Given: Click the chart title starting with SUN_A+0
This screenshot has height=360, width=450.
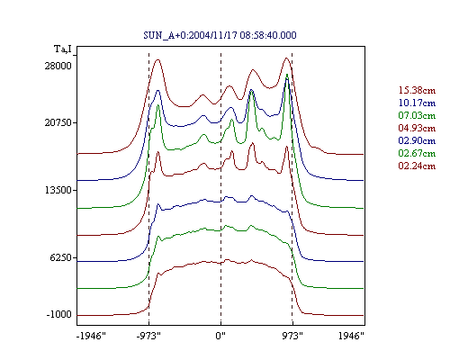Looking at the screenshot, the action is point(220,35).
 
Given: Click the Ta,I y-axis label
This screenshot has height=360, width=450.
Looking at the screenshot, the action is point(63,49).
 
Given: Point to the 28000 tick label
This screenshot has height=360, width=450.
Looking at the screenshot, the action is point(58,66).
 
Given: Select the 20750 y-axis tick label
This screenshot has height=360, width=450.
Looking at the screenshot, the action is point(58,122).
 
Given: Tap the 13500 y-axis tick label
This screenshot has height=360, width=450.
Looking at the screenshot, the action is point(58,190).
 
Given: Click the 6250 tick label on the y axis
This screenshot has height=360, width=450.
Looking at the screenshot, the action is point(61,257).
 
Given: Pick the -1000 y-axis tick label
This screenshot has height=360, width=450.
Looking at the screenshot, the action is point(59,315).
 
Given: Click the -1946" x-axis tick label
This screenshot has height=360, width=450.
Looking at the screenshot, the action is point(92,336).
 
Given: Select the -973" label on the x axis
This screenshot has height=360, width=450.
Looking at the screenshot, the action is point(148,336).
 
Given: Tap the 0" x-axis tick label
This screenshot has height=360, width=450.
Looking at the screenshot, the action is point(220,336).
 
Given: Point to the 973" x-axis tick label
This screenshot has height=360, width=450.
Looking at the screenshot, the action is point(292,336).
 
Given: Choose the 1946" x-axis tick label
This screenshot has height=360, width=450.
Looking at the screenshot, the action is point(351,336).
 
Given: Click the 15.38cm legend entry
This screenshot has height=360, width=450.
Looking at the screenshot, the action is point(417,90).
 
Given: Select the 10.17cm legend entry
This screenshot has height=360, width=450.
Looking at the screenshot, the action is point(417,103).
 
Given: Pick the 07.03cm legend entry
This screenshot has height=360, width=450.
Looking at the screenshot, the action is point(417,115).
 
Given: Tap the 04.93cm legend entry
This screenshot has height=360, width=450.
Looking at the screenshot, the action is point(417,128).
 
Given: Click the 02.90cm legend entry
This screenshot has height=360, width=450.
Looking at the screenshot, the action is point(417,140).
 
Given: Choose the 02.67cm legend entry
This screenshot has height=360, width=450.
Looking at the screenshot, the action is point(417,153).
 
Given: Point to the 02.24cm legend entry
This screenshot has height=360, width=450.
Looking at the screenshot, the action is point(417,166).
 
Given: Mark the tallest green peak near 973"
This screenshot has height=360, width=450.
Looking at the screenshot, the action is point(287,75).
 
